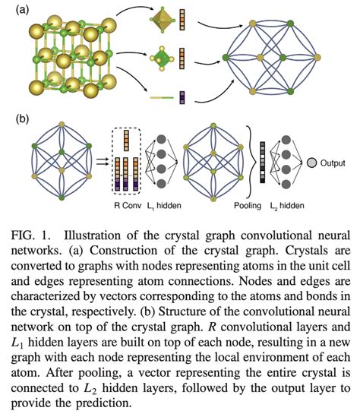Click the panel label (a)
(x=14, y=10)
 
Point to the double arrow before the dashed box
(x=101, y=162)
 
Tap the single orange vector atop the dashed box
(x=125, y=137)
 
